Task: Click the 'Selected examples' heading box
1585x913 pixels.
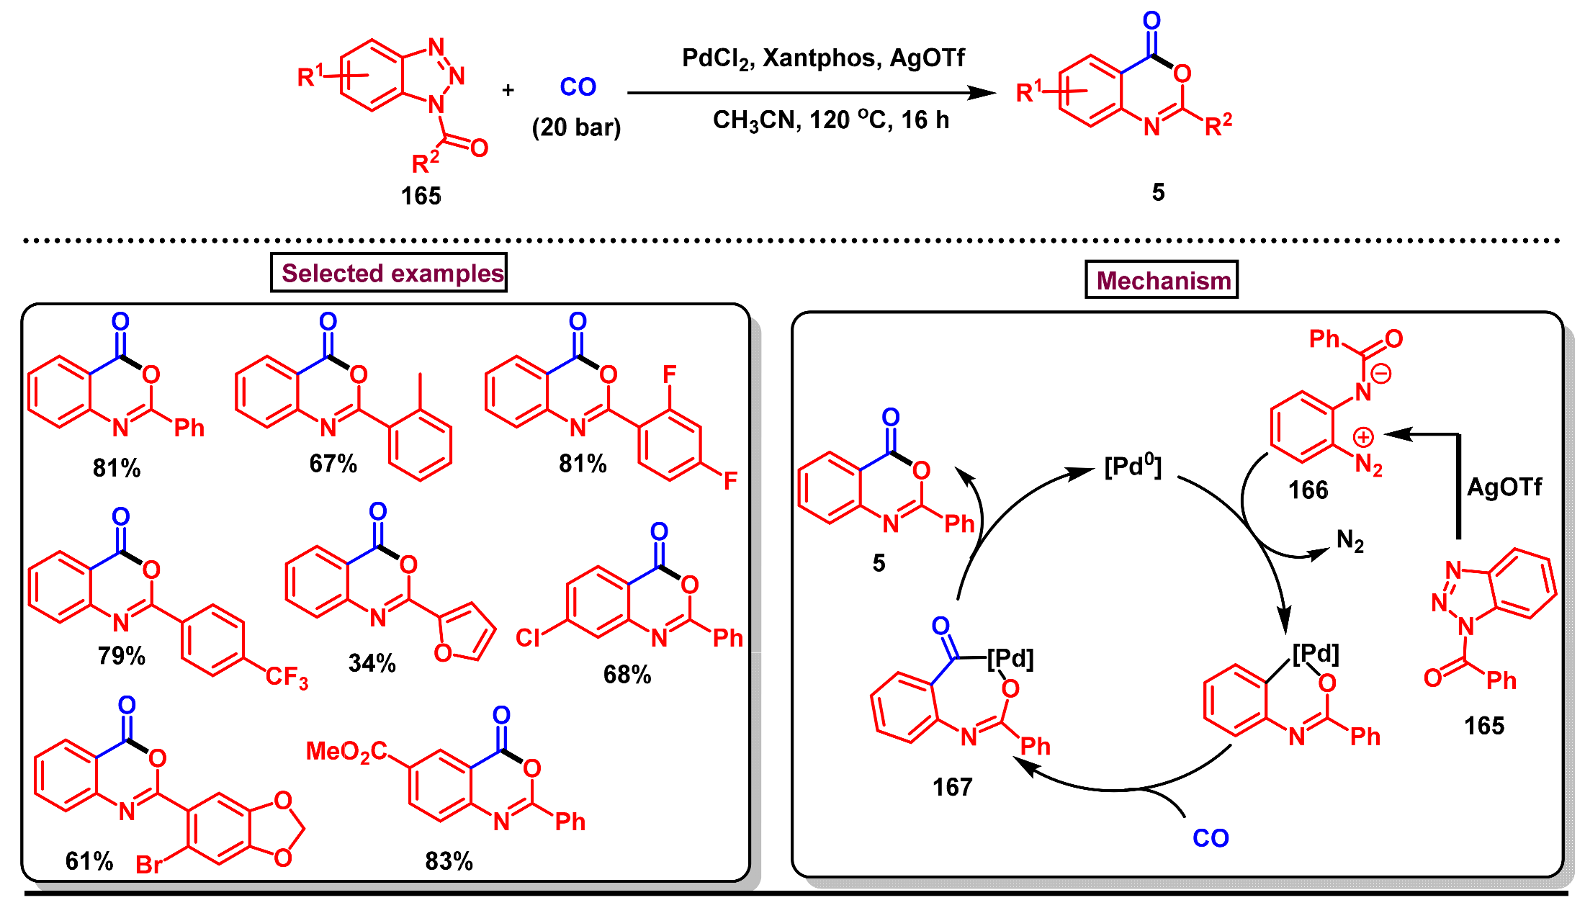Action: pyautogui.click(x=389, y=273)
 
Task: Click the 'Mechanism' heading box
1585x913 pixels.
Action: pyautogui.click(x=1162, y=280)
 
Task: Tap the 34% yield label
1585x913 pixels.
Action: pyautogui.click(x=372, y=663)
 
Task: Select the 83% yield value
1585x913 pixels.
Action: pyautogui.click(x=449, y=861)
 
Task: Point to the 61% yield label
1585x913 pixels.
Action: pyautogui.click(x=89, y=861)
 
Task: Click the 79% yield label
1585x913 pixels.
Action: pyautogui.click(x=122, y=656)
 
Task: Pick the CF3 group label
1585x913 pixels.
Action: pyautogui.click(x=287, y=677)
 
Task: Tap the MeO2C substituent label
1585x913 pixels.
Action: pyautogui.click(x=346, y=752)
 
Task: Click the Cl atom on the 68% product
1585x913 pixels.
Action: pyautogui.click(x=527, y=638)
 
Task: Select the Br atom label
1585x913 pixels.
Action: pyautogui.click(x=149, y=864)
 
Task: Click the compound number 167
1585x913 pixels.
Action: pyautogui.click(x=952, y=787)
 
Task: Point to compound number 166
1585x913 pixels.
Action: pyautogui.click(x=1308, y=490)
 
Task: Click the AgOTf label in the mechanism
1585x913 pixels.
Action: pyautogui.click(x=1504, y=487)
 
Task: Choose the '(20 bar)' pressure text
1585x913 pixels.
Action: pyautogui.click(x=576, y=127)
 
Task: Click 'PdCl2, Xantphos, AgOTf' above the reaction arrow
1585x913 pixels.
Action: pyautogui.click(x=823, y=58)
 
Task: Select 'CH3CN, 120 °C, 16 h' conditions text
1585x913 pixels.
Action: pyautogui.click(x=831, y=120)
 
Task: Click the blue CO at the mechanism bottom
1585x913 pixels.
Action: pyautogui.click(x=1211, y=838)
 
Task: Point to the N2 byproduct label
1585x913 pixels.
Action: pyautogui.click(x=1350, y=540)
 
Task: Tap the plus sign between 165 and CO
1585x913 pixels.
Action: pyautogui.click(x=508, y=90)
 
